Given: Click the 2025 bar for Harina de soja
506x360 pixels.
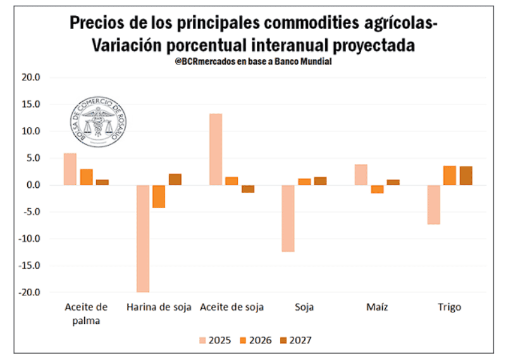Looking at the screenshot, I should coord(143,238).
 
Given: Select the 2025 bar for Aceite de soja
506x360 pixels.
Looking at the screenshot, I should coord(216,149).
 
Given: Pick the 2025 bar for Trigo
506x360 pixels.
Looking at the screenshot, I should coord(433,204).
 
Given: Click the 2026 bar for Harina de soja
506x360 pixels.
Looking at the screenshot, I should coord(159,196).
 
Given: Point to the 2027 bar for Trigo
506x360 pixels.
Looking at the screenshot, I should coord(466,175).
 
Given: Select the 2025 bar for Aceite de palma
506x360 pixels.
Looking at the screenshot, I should coord(70,169).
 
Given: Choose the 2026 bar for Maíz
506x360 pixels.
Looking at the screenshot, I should coord(377,189).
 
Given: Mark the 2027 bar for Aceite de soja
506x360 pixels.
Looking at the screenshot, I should coord(247,189).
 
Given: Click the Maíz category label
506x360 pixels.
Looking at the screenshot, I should coord(377,307).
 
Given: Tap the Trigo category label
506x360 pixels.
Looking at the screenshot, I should coord(450,307).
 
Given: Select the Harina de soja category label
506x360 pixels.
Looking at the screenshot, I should coord(159,307).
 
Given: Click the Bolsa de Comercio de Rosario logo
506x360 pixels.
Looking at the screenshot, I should coord(96,119).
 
